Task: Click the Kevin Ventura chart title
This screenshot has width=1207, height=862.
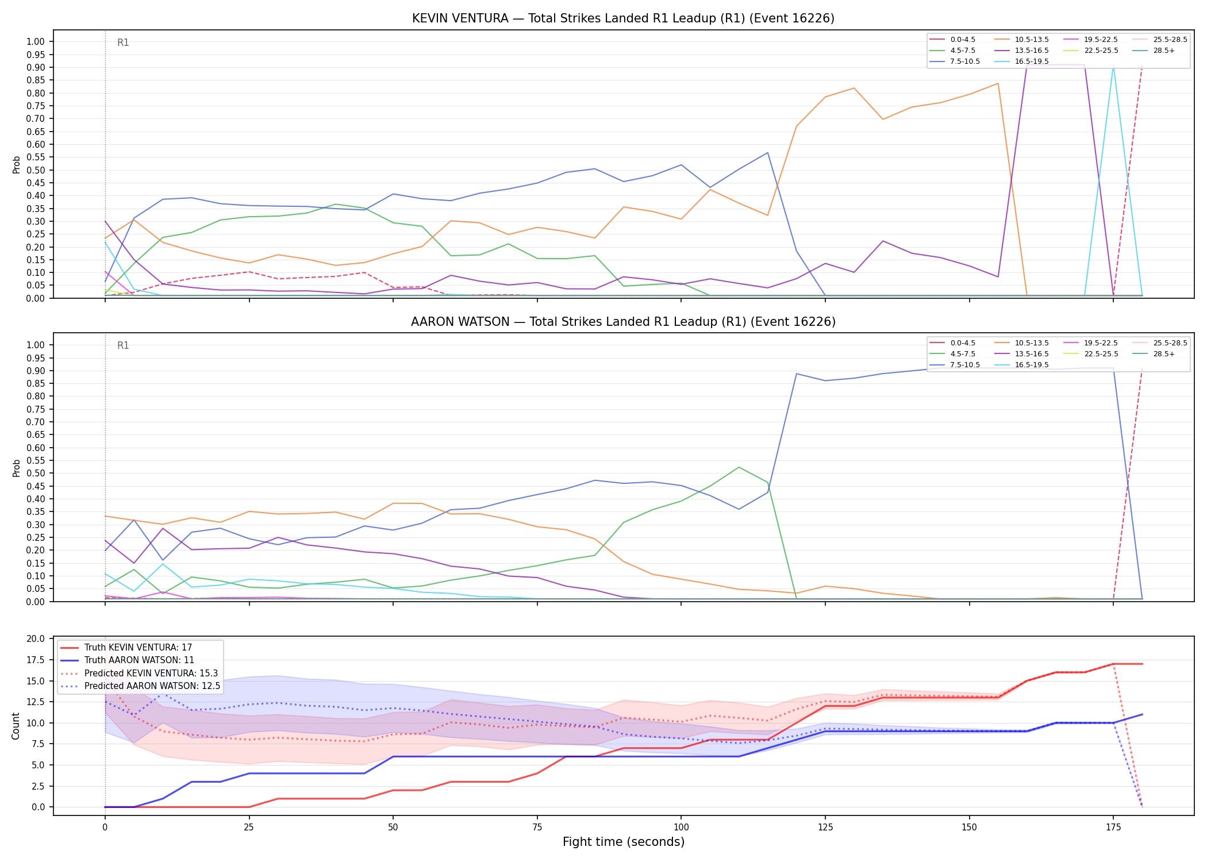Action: (623, 18)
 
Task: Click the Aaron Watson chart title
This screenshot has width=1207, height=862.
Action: (623, 322)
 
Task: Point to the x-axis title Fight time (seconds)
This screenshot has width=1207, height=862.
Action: (624, 842)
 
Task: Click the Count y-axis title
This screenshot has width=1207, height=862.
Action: (16, 726)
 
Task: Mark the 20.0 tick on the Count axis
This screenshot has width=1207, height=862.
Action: (36, 639)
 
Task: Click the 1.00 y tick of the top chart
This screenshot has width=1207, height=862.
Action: (36, 41)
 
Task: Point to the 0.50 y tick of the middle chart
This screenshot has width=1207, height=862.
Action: (36, 474)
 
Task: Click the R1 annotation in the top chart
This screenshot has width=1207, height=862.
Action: (123, 43)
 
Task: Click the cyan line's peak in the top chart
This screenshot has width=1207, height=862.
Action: (1113, 66)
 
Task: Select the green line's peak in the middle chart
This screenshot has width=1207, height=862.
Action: (739, 467)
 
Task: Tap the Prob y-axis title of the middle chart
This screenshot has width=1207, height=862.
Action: (17, 468)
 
